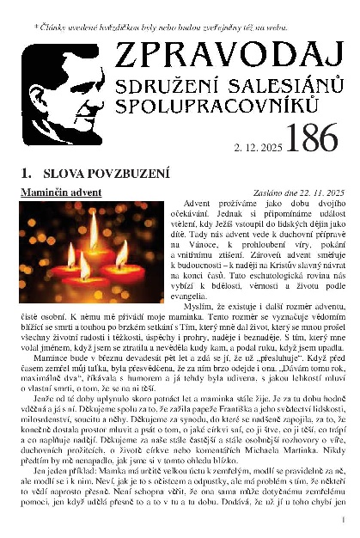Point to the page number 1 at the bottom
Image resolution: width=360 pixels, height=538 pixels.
tap(343, 520)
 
